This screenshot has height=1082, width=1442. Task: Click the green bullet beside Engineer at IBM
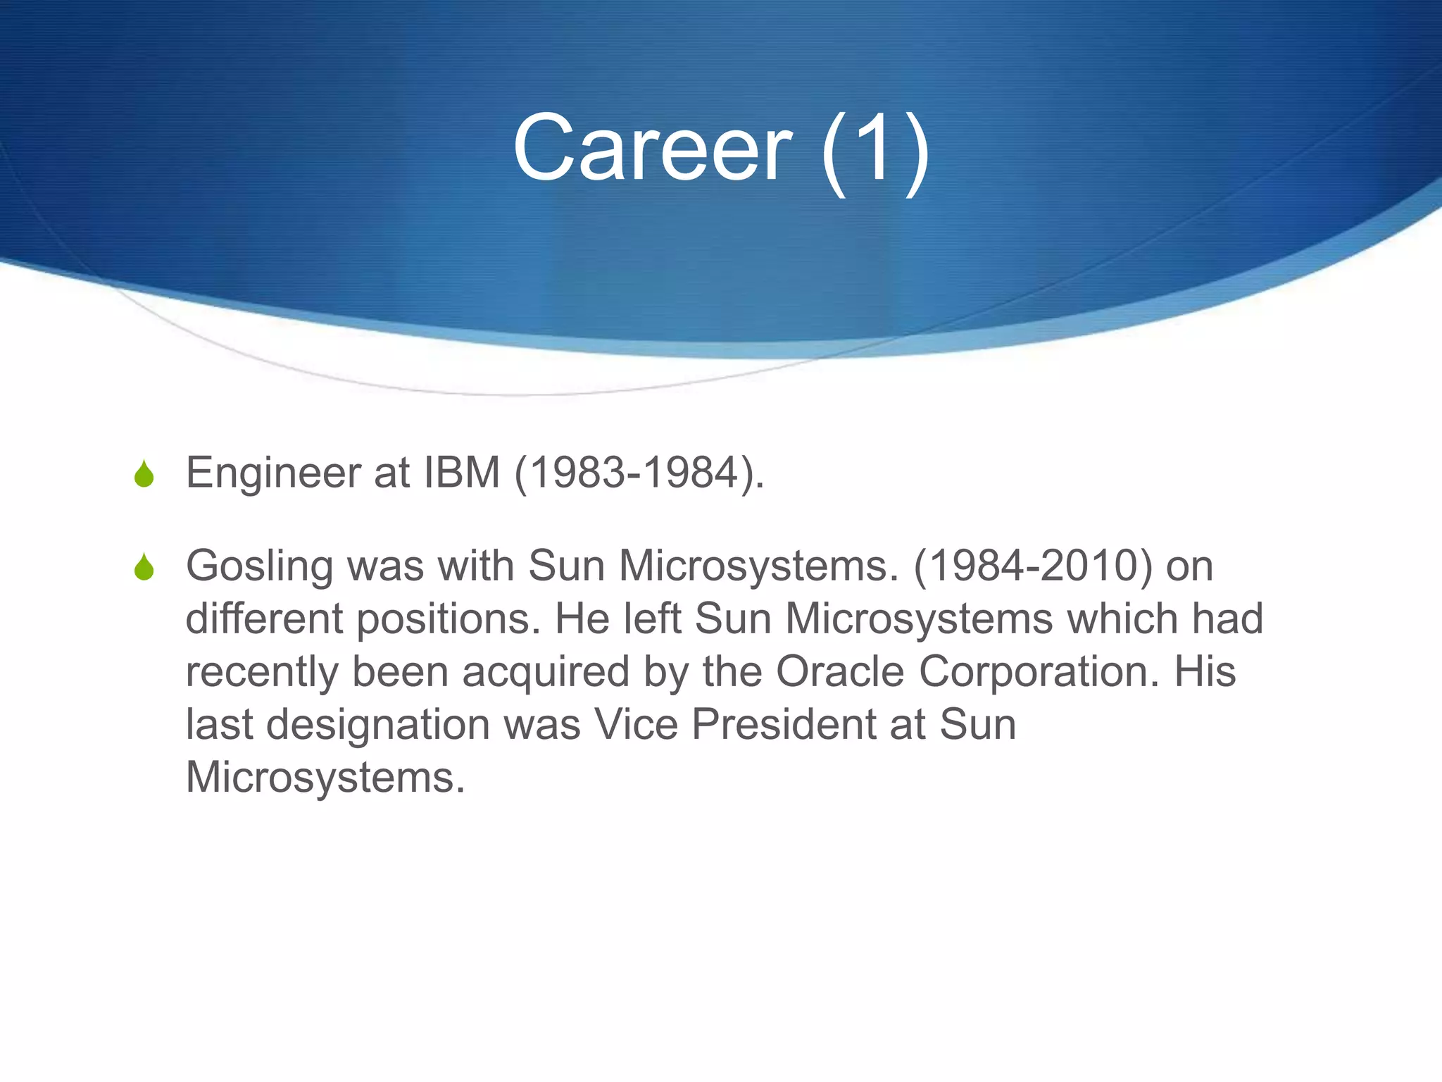tap(144, 474)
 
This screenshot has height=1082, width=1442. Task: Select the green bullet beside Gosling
tap(144, 567)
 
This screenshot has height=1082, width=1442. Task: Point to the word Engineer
tap(273, 473)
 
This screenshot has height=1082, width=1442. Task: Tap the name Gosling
tap(259, 567)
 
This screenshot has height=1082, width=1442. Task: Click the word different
tap(264, 618)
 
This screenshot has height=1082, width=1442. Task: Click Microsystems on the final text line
tap(325, 778)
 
